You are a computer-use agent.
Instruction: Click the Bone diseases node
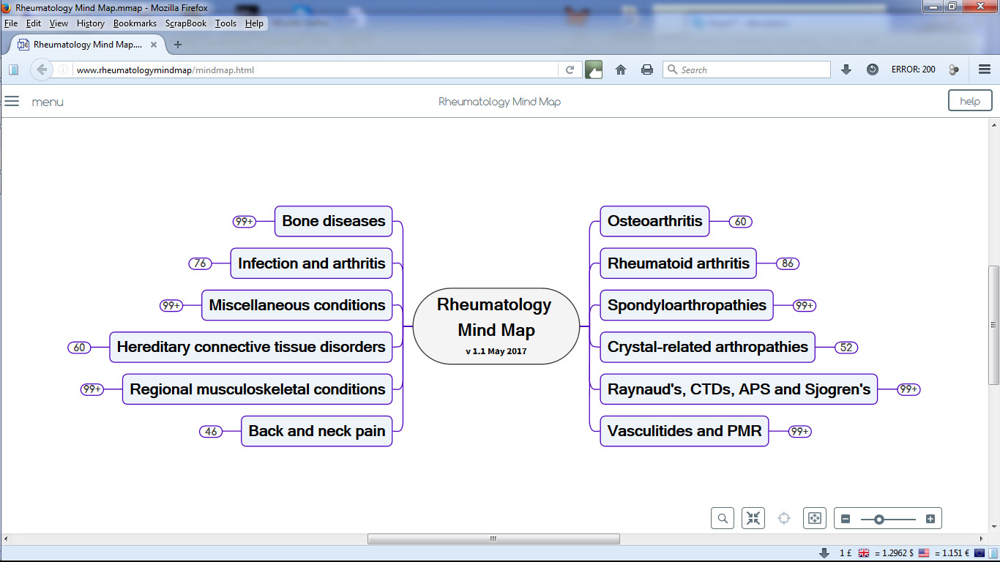point(334,221)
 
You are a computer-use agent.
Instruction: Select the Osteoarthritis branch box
point(654,221)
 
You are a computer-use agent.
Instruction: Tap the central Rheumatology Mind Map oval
point(496,326)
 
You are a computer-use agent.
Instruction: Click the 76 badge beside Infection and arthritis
point(200,263)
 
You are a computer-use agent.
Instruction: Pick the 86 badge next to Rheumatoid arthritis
point(788,263)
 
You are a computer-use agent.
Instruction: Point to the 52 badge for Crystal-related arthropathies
point(846,348)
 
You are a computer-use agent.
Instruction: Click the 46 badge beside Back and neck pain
point(211,431)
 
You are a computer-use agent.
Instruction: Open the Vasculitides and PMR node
point(684,431)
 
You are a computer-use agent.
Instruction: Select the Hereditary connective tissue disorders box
point(251,347)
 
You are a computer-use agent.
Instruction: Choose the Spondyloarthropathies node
point(687,305)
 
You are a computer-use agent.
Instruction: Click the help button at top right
point(970,101)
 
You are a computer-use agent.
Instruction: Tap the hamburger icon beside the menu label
point(12,101)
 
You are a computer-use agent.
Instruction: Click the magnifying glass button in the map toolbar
point(723,518)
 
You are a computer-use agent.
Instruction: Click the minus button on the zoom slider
point(846,519)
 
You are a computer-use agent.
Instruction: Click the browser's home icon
point(621,70)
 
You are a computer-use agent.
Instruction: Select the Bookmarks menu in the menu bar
point(135,23)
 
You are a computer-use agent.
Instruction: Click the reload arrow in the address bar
point(570,70)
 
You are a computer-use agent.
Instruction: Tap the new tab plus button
point(178,45)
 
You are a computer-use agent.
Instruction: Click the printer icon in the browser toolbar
point(647,70)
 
